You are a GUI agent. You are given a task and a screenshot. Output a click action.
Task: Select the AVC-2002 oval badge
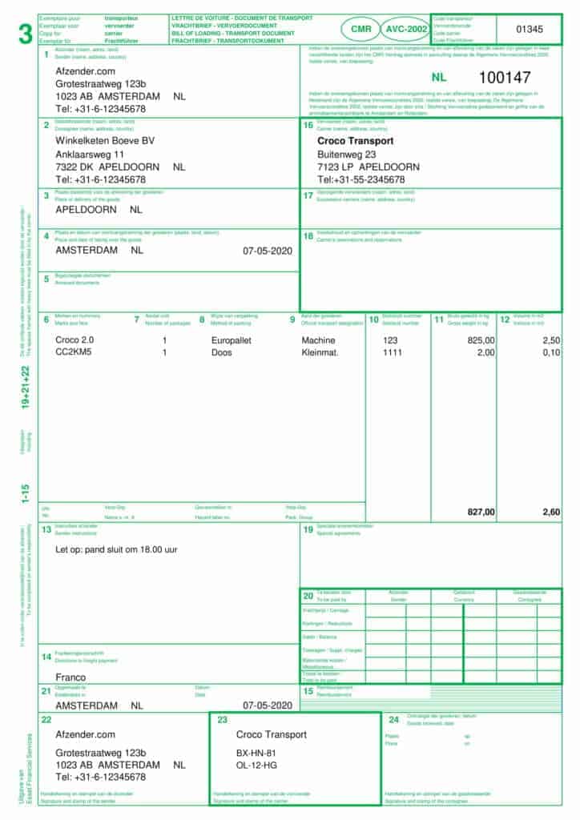pos(406,29)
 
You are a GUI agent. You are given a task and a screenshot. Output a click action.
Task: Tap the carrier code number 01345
pos(529,30)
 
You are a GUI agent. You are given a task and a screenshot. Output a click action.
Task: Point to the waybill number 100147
pos(505,78)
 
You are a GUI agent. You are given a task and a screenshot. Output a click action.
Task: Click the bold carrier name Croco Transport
pos(355,141)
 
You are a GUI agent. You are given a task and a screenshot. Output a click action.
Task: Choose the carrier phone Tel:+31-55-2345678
pos(361,179)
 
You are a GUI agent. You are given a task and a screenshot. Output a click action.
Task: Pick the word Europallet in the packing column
pos(233,340)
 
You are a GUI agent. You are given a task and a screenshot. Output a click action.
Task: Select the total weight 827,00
pos(481,512)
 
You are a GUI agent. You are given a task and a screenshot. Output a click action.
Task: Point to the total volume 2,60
pos(550,512)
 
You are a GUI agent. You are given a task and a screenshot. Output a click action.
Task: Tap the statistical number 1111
pos(393,352)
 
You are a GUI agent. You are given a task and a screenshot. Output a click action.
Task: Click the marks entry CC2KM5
pos(74,352)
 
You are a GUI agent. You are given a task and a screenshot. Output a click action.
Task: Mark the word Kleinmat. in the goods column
pos(320,352)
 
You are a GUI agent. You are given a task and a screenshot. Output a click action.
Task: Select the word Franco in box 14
pos(70,677)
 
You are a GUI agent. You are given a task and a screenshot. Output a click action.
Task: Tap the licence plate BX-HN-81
pos(256,754)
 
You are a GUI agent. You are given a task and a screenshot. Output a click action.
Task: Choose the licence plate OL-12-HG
pos(256,766)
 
